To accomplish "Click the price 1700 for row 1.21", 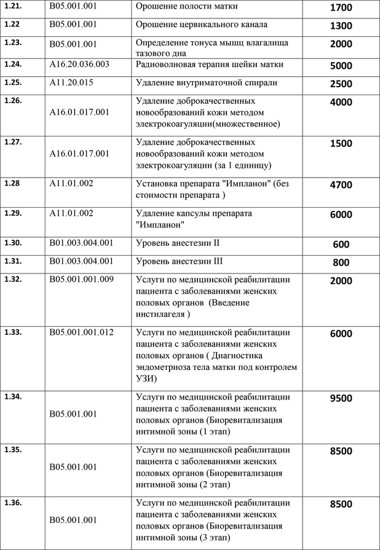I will pyautogui.click(x=341, y=9).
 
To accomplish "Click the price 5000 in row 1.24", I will pyautogui.click(x=341, y=66).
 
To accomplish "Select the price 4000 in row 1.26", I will pyautogui.click(x=341, y=103).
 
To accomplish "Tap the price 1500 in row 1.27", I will pyautogui.click(x=341, y=144).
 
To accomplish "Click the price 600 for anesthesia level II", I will pyautogui.click(x=341, y=245).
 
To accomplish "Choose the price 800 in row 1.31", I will pyautogui.click(x=341, y=263).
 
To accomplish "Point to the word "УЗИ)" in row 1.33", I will pyautogui.click(x=145, y=380).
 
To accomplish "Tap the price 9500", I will pyautogui.click(x=341, y=398).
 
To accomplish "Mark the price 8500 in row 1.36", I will pyautogui.click(x=341, y=505).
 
